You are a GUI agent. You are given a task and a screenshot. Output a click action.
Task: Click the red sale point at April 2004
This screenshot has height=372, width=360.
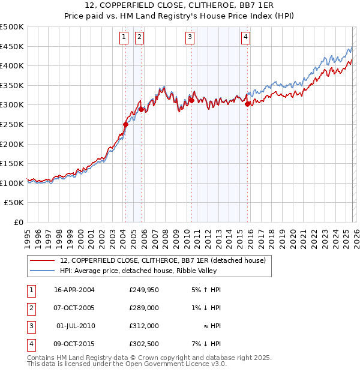click(125, 125)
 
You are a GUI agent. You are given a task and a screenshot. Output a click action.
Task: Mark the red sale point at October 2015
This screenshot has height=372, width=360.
click(248, 104)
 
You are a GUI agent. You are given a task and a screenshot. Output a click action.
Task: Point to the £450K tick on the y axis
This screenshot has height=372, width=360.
click(13, 46)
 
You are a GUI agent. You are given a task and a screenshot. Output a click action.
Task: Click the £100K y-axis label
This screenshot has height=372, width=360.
click(13, 183)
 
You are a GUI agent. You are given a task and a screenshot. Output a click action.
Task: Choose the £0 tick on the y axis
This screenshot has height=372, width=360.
click(19, 222)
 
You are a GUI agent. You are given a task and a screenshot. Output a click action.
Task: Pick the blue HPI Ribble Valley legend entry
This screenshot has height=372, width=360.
click(145, 271)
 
